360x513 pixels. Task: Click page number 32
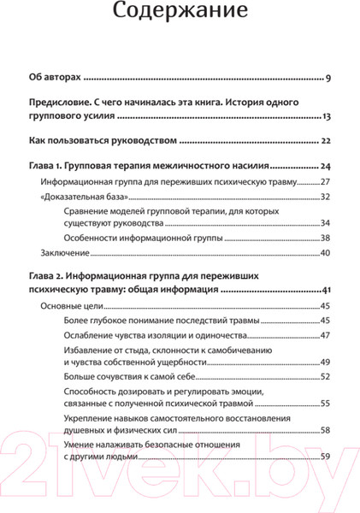point(325,197)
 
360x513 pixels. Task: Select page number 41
point(326,292)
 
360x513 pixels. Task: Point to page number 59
point(325,455)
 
